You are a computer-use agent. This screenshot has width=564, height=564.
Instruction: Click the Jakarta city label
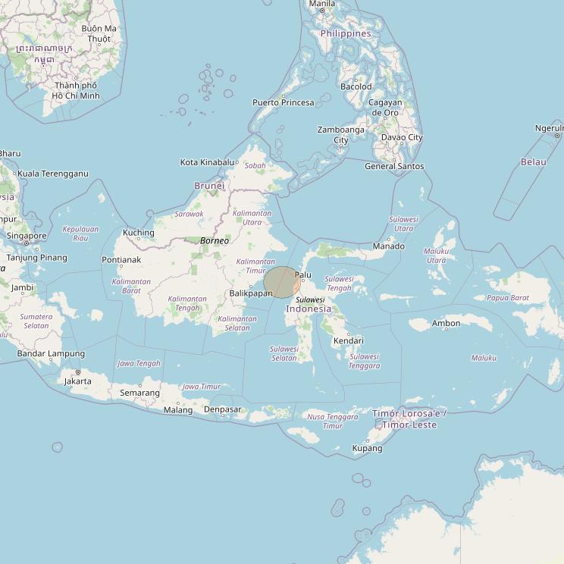[77, 381]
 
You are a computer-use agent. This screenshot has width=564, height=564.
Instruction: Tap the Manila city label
[321, 4]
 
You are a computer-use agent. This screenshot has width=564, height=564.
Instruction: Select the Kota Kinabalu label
[207, 162]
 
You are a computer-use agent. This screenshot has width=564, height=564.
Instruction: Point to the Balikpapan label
[250, 293]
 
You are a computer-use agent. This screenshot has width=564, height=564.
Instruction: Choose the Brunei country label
[209, 186]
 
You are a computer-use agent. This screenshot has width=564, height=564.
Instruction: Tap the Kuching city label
[138, 233]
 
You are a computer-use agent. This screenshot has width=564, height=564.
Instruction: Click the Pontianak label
[121, 260]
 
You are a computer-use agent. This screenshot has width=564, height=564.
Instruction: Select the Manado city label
[388, 246]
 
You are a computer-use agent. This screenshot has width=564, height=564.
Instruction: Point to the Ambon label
[446, 324]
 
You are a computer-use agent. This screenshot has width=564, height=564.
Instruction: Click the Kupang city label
[368, 448]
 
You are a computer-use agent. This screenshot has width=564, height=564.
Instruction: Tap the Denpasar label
[223, 410]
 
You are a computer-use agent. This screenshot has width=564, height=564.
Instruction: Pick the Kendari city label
[348, 340]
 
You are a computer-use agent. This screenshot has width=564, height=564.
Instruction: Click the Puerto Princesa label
[283, 102]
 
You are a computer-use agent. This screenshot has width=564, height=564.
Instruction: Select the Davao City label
[402, 137]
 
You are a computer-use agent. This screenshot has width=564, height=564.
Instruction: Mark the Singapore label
[27, 236]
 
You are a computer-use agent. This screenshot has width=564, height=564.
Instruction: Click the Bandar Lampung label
[51, 353]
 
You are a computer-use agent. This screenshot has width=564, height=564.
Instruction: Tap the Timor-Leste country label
[409, 419]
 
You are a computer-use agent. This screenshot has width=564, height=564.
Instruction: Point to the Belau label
[534, 162]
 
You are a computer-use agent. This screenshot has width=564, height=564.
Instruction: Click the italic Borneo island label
[215, 240]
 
